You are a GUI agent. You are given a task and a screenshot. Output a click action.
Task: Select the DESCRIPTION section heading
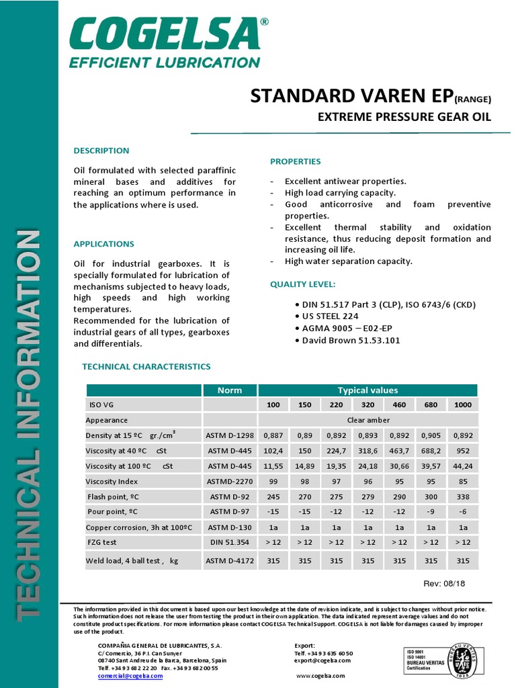pyautogui.click(x=101, y=150)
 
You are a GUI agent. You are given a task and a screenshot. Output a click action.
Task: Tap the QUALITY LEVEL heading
pyautogui.click(x=302, y=284)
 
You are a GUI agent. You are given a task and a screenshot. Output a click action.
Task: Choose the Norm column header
pyautogui.click(x=230, y=390)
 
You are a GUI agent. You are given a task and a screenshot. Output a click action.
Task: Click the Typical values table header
pyautogui.click(x=367, y=390)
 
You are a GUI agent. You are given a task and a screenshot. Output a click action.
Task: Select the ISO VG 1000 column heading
pyautogui.click(x=462, y=405)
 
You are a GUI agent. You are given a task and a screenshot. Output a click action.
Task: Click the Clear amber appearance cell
pyautogui.click(x=367, y=420)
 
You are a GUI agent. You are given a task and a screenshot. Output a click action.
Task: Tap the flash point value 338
pyautogui.click(x=462, y=497)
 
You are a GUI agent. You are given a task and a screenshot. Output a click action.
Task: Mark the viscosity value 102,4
pyautogui.click(x=273, y=451)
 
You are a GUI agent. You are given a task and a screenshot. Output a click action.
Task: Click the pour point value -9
pyautogui.click(x=431, y=512)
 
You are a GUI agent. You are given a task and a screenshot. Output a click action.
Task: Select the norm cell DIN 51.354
pyautogui.click(x=230, y=542)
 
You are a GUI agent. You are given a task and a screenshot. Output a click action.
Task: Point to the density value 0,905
pyautogui.click(x=431, y=435)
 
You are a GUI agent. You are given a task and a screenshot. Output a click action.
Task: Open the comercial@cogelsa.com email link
pyautogui.click(x=130, y=676)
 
